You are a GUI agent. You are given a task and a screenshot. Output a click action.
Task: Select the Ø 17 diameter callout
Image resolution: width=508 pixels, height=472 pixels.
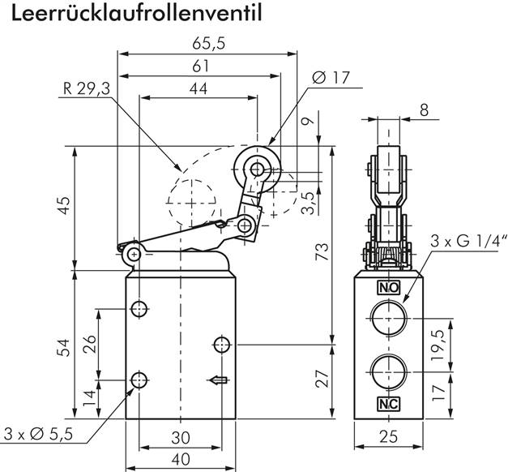pyautogui.click(x=331, y=79)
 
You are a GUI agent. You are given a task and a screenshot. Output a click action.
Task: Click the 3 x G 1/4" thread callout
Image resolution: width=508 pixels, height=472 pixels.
pyautogui.click(x=467, y=241)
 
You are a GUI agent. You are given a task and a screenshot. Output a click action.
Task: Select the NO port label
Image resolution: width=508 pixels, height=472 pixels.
pyautogui.click(x=387, y=287)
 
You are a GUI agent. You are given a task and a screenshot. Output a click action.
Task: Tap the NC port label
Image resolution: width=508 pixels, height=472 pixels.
pyautogui.click(x=387, y=403)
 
